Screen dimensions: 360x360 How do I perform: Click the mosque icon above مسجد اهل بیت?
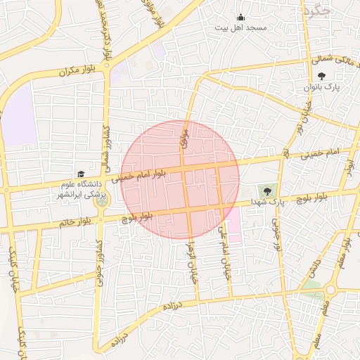241,18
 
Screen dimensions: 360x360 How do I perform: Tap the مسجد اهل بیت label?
241,27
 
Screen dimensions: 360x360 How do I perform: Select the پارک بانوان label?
323,87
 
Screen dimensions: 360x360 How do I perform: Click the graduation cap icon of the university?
80,174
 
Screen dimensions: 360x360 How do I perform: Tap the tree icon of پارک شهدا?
266,190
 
